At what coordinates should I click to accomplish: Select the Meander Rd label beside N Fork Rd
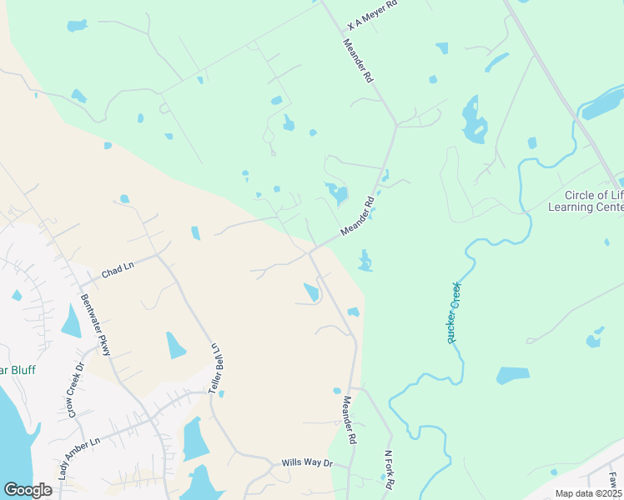[349, 420]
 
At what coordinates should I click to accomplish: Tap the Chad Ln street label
[118, 272]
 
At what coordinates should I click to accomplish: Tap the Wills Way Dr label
[307, 462]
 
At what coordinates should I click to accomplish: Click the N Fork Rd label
[389, 470]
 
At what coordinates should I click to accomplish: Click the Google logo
[28, 489]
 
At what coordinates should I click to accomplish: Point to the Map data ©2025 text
[587, 493]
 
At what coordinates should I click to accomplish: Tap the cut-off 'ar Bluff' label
[18, 370]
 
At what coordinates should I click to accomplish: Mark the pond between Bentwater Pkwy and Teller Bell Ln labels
[176, 345]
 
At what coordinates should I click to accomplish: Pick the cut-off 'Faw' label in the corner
[613, 481]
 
